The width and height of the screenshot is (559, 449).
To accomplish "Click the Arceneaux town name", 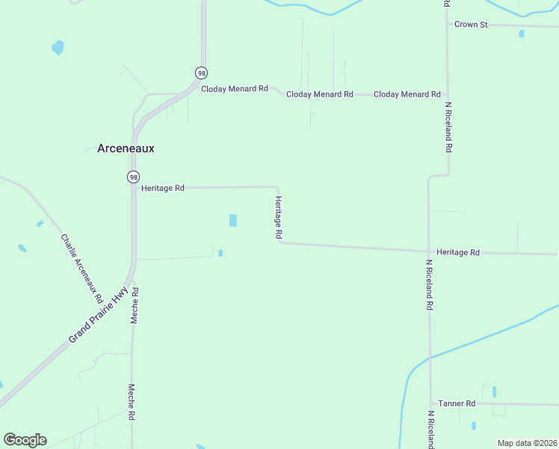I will [x=126, y=148].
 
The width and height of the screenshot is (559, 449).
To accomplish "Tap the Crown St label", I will [x=471, y=25].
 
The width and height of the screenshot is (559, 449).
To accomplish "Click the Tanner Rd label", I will [x=457, y=403].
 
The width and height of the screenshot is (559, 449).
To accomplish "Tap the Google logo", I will [x=25, y=439].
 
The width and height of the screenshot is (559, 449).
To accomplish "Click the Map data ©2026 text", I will [x=527, y=443].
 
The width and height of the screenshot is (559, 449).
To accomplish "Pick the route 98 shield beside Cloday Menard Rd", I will [x=201, y=73].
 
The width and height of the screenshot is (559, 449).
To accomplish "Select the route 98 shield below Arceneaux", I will [x=133, y=177].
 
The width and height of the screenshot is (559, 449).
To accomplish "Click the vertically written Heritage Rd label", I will [x=278, y=218].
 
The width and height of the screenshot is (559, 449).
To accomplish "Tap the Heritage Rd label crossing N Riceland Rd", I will [x=458, y=252].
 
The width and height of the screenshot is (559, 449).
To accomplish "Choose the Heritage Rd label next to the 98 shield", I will [x=162, y=188].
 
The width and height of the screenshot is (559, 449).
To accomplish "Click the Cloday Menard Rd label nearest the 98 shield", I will [x=235, y=88].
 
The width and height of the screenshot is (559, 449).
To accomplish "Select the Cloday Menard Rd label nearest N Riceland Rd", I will [x=407, y=94].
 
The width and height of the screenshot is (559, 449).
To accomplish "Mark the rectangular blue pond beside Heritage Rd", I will [x=232, y=220].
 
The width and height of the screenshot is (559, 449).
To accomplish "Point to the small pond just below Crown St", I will [x=521, y=34].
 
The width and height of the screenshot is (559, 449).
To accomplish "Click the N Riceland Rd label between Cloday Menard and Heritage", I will [x=448, y=127].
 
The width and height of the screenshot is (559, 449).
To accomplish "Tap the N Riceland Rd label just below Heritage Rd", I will [x=430, y=285].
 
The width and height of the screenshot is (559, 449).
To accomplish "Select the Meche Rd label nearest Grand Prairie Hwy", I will [x=135, y=305].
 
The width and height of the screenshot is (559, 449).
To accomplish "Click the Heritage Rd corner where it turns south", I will [x=278, y=188].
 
